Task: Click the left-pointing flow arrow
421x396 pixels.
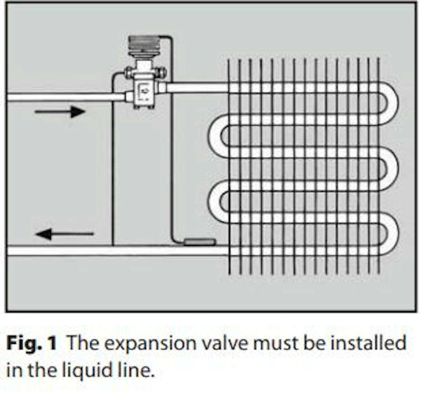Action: pyautogui.click(x=65, y=234)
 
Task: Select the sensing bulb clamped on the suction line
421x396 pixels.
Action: pyautogui.click(x=199, y=242)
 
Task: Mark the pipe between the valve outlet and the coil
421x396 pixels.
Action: pyautogui.click(x=196, y=87)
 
